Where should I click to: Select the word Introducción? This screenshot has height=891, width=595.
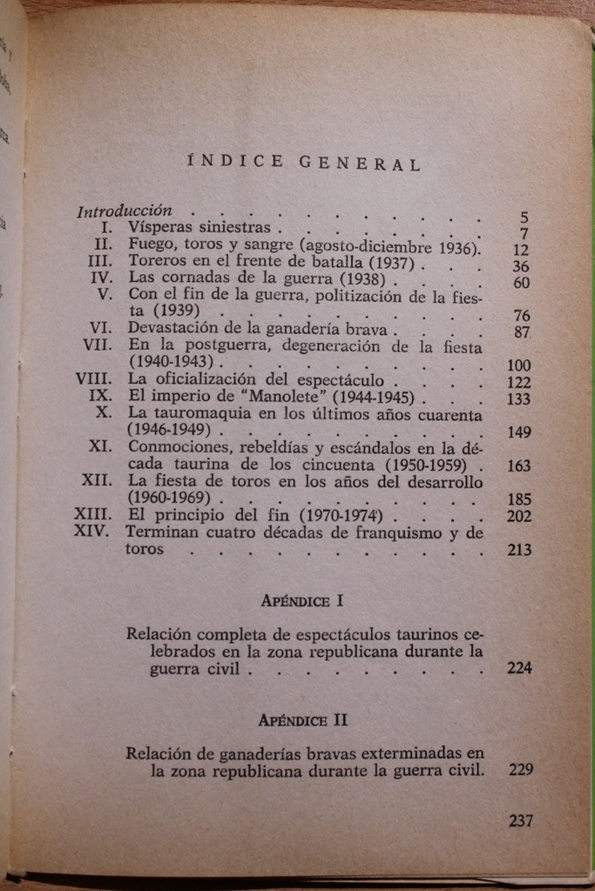[125, 211]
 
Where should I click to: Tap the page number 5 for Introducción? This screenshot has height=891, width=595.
[524, 218]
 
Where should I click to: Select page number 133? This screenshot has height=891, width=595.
[518, 399]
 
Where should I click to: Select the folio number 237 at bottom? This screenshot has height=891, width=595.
[520, 821]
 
